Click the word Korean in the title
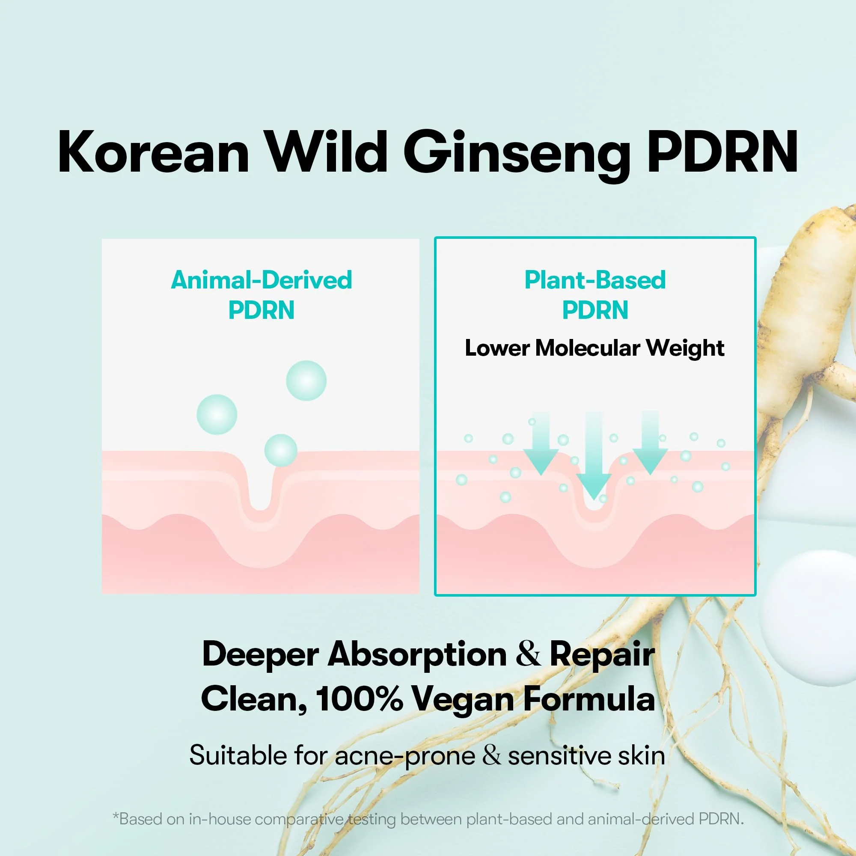pos(153,152)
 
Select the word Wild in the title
pos(327,151)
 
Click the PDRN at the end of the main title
pos(722,152)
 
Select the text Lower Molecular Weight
pos(594,348)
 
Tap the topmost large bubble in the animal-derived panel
pos(306,380)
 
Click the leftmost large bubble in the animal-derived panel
pos(217,414)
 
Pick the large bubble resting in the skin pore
pos(280,450)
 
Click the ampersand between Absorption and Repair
pos(528,654)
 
